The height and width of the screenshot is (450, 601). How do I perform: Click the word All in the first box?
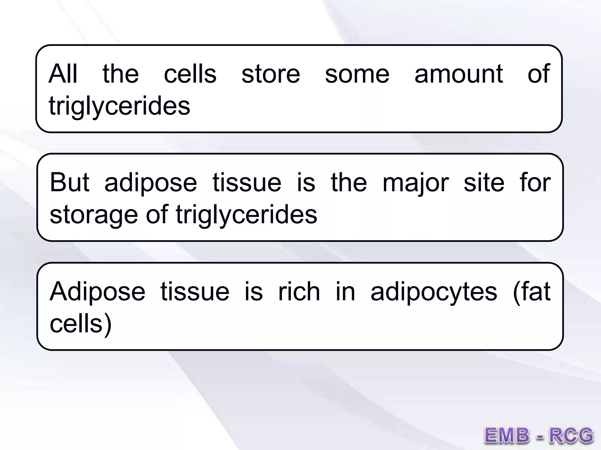tap(63, 74)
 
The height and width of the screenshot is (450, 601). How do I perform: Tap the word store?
tap(271, 74)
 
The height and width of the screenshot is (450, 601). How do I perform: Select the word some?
tap(357, 74)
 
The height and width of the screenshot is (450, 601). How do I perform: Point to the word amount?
tap(459, 74)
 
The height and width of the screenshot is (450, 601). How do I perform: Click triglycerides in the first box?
tap(119, 106)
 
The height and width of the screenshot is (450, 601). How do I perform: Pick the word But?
tap(70, 183)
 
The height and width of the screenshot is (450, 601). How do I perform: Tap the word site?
tap(484, 183)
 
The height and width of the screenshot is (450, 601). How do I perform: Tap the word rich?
tap(299, 292)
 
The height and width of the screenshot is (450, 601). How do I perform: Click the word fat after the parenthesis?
tap(535, 292)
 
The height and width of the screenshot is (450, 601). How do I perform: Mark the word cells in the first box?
tap(190, 74)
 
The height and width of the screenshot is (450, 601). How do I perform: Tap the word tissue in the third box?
tap(195, 292)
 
